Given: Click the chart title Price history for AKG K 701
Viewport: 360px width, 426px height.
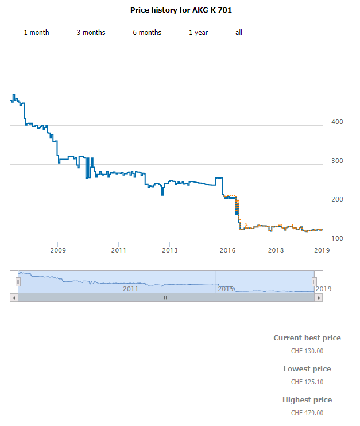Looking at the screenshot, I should pos(181,10).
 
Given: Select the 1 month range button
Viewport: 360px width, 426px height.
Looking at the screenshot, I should pos(36,33).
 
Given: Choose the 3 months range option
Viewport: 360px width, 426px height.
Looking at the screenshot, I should pos(91,33).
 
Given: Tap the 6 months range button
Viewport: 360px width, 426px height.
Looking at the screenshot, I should pos(147,33).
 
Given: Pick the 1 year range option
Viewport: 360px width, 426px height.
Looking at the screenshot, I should pos(198,33).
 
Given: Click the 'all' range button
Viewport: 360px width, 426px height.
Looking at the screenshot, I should pos(239,33).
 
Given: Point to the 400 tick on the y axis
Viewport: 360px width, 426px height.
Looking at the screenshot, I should pos(337,122).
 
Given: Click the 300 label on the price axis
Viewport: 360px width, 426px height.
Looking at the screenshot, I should pos(337,161).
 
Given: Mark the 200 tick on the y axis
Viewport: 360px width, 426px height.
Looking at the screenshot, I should pos(337,200).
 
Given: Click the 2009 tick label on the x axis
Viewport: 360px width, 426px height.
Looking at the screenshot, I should pos(58,250).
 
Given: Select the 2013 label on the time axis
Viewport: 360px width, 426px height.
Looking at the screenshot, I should pos(169,250).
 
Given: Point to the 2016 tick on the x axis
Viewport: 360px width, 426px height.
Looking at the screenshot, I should pos(228,250).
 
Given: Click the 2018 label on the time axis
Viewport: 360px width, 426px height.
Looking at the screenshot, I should pos(276,250).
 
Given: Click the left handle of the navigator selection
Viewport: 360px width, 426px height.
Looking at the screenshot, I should pos(18,282).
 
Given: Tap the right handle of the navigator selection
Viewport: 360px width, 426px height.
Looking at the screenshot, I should pos(314,282).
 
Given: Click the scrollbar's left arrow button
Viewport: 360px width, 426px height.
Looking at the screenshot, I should pos(14,297).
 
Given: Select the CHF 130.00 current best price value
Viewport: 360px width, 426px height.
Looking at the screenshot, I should pos(307,351).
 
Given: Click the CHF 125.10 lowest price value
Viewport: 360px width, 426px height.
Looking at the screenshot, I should pos(307,382).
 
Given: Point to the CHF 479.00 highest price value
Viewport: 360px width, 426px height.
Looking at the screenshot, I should pos(307,413).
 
